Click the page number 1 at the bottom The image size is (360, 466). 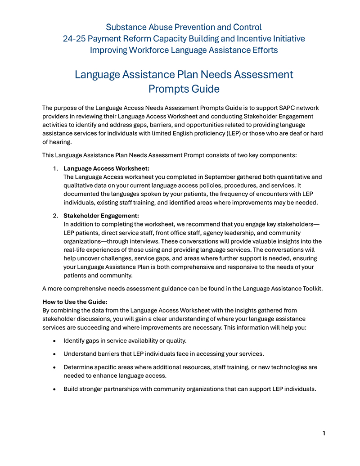click(x=324, y=433)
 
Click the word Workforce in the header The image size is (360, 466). click(x=149, y=50)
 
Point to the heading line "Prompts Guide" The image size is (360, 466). click(x=184, y=89)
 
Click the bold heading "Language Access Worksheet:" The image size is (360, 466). click(x=106, y=168)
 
